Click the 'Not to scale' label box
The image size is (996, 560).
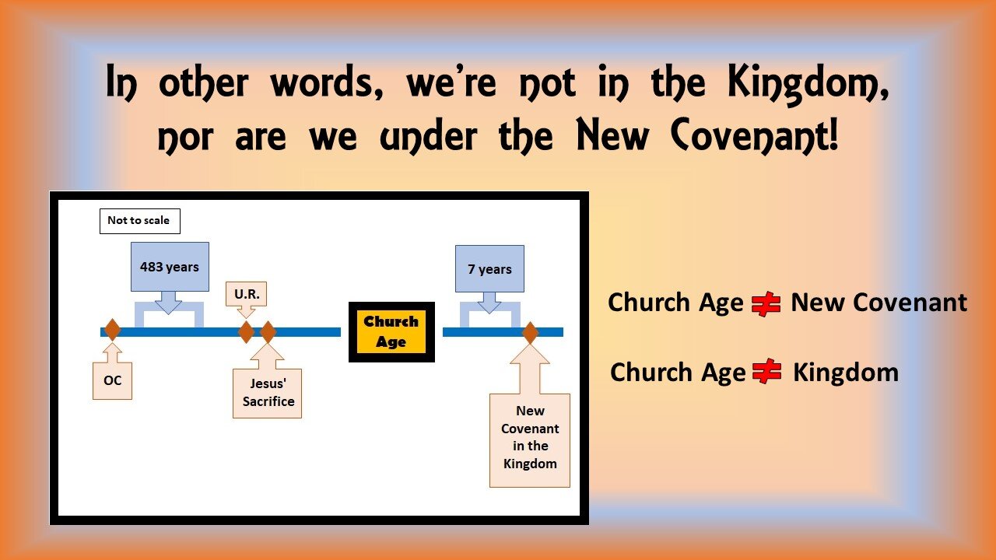pyautogui.click(x=139, y=221)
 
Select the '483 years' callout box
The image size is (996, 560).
pyautogui.click(x=170, y=267)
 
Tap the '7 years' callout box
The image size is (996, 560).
pyautogui.click(x=489, y=269)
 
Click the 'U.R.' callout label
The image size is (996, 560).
pyautogui.click(x=247, y=295)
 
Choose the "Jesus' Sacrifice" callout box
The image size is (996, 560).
pyautogui.click(x=267, y=393)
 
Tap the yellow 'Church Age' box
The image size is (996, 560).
pyautogui.click(x=391, y=332)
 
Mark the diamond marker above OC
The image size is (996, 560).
pyautogui.click(x=112, y=330)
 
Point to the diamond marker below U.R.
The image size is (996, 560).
pyautogui.click(x=246, y=332)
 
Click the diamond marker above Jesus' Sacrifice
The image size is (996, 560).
pyautogui.click(x=268, y=332)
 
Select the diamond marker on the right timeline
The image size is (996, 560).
pyautogui.click(x=530, y=333)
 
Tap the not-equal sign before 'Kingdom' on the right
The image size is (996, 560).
pyautogui.click(x=767, y=373)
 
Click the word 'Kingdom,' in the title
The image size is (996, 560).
pyautogui.click(x=808, y=85)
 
